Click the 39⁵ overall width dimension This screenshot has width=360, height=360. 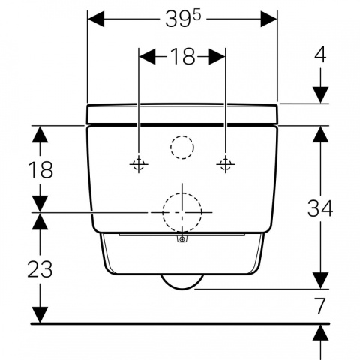pos(183,19)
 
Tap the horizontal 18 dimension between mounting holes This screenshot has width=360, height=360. pos(182,56)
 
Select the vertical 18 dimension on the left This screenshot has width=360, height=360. pos(40,169)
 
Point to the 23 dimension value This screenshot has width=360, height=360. pos(40,268)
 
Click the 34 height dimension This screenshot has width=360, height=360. pos(320,208)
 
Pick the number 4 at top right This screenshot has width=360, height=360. pos(320,55)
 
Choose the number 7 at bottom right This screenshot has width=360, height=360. pos(320,306)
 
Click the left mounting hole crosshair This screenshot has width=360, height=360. pos(139,164)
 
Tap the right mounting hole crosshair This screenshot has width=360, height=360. pos(226,164)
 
